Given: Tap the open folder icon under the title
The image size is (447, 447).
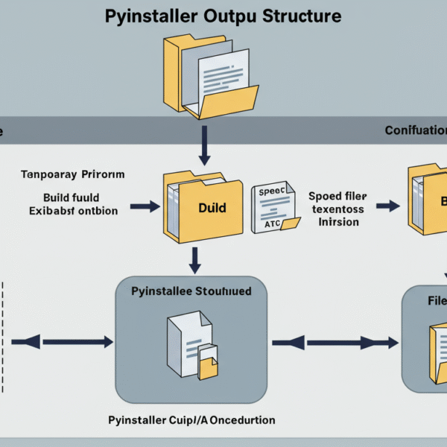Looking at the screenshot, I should tap(210, 78).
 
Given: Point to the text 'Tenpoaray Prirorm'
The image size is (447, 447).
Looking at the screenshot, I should tap(72, 174).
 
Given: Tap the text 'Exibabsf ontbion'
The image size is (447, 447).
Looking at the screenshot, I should tap(74, 211).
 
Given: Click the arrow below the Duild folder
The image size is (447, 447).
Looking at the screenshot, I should tap(194, 260).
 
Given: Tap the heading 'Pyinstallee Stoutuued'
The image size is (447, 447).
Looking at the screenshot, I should tap(191, 291).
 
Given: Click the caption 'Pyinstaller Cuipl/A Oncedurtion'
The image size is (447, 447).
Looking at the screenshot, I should tap(190, 420).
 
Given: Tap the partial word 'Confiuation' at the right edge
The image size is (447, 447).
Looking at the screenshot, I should tap(416, 130).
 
